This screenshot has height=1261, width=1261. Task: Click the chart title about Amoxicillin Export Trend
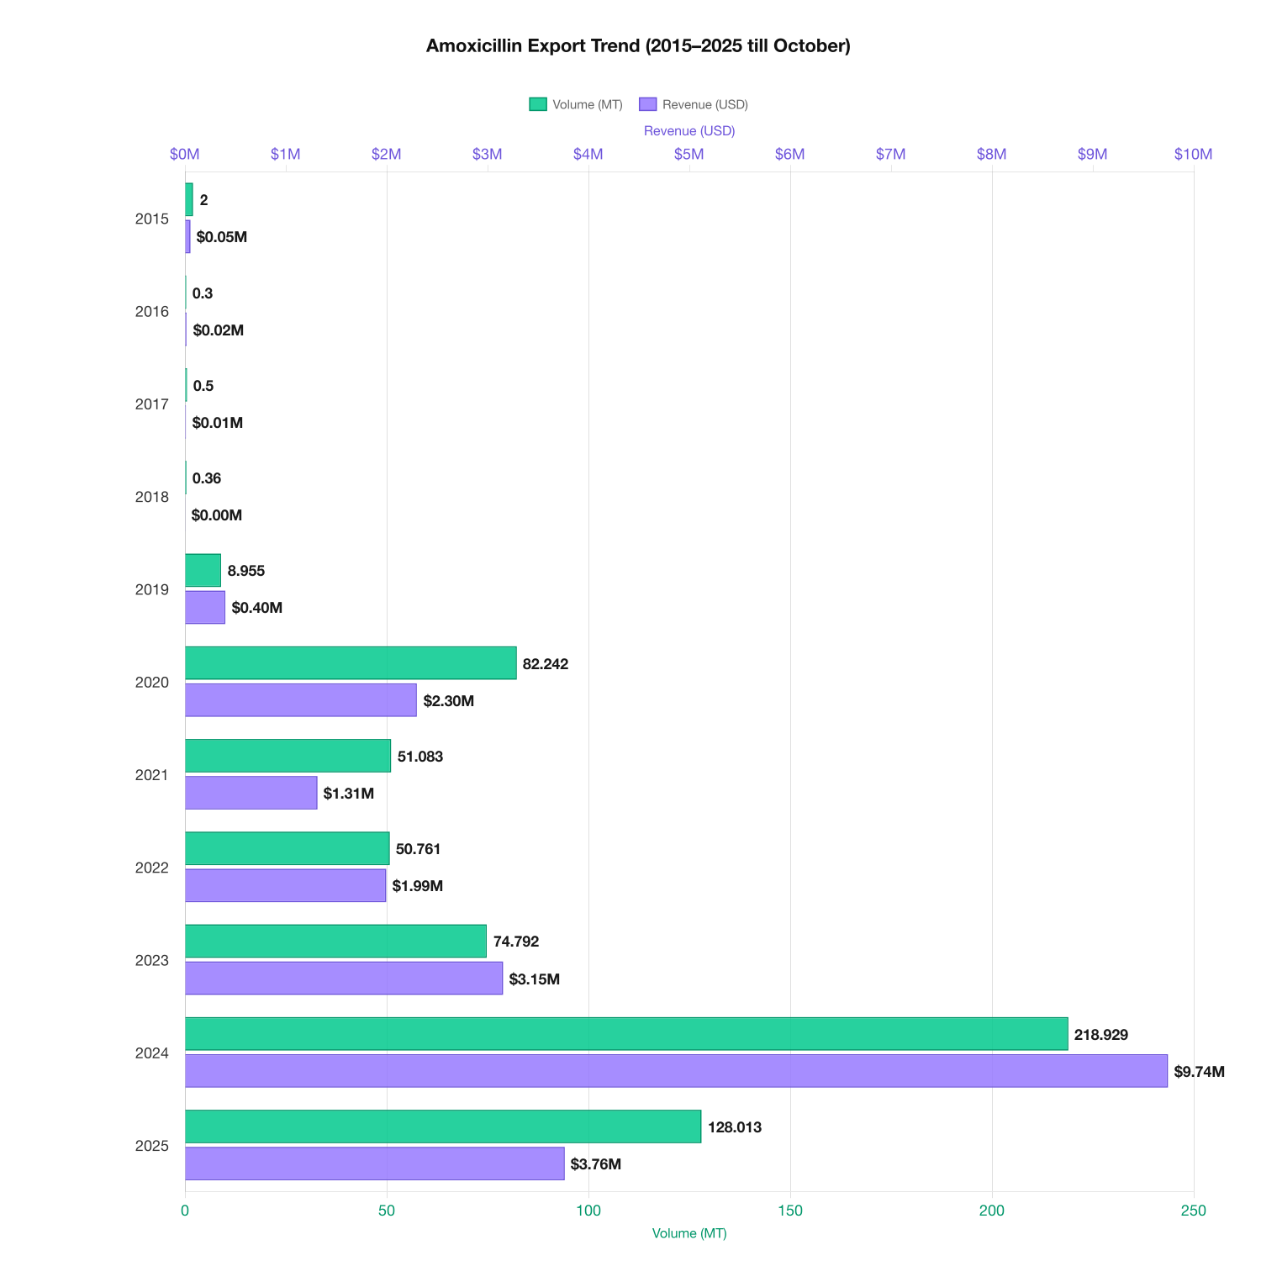[638, 46]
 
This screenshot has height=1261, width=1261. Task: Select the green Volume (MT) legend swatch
[537, 104]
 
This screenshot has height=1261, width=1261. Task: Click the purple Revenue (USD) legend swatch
[647, 104]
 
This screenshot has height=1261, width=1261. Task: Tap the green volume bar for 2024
[626, 1034]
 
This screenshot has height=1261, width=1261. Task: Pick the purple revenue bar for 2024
[676, 1071]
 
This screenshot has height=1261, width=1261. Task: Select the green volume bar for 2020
[351, 663]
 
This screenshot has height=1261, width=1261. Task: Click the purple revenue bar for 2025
[374, 1163]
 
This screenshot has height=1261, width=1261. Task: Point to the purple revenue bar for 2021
[251, 793]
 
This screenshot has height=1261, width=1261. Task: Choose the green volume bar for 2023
[335, 942]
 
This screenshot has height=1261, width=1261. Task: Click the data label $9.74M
[1199, 1072]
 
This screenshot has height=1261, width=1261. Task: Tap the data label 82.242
[546, 664]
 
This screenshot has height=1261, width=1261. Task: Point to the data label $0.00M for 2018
[217, 515]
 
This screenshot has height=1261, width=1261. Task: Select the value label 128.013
[735, 1127]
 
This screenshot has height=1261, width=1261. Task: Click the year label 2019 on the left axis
[152, 590]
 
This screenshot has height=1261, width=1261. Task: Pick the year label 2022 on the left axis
[152, 868]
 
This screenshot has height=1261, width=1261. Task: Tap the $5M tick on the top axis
[689, 155]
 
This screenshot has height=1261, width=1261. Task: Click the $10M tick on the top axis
[1193, 155]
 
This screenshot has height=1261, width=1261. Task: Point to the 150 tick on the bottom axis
[789, 1211]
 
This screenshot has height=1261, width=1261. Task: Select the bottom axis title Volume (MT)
[689, 1233]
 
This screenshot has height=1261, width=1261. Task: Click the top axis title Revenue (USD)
[689, 131]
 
